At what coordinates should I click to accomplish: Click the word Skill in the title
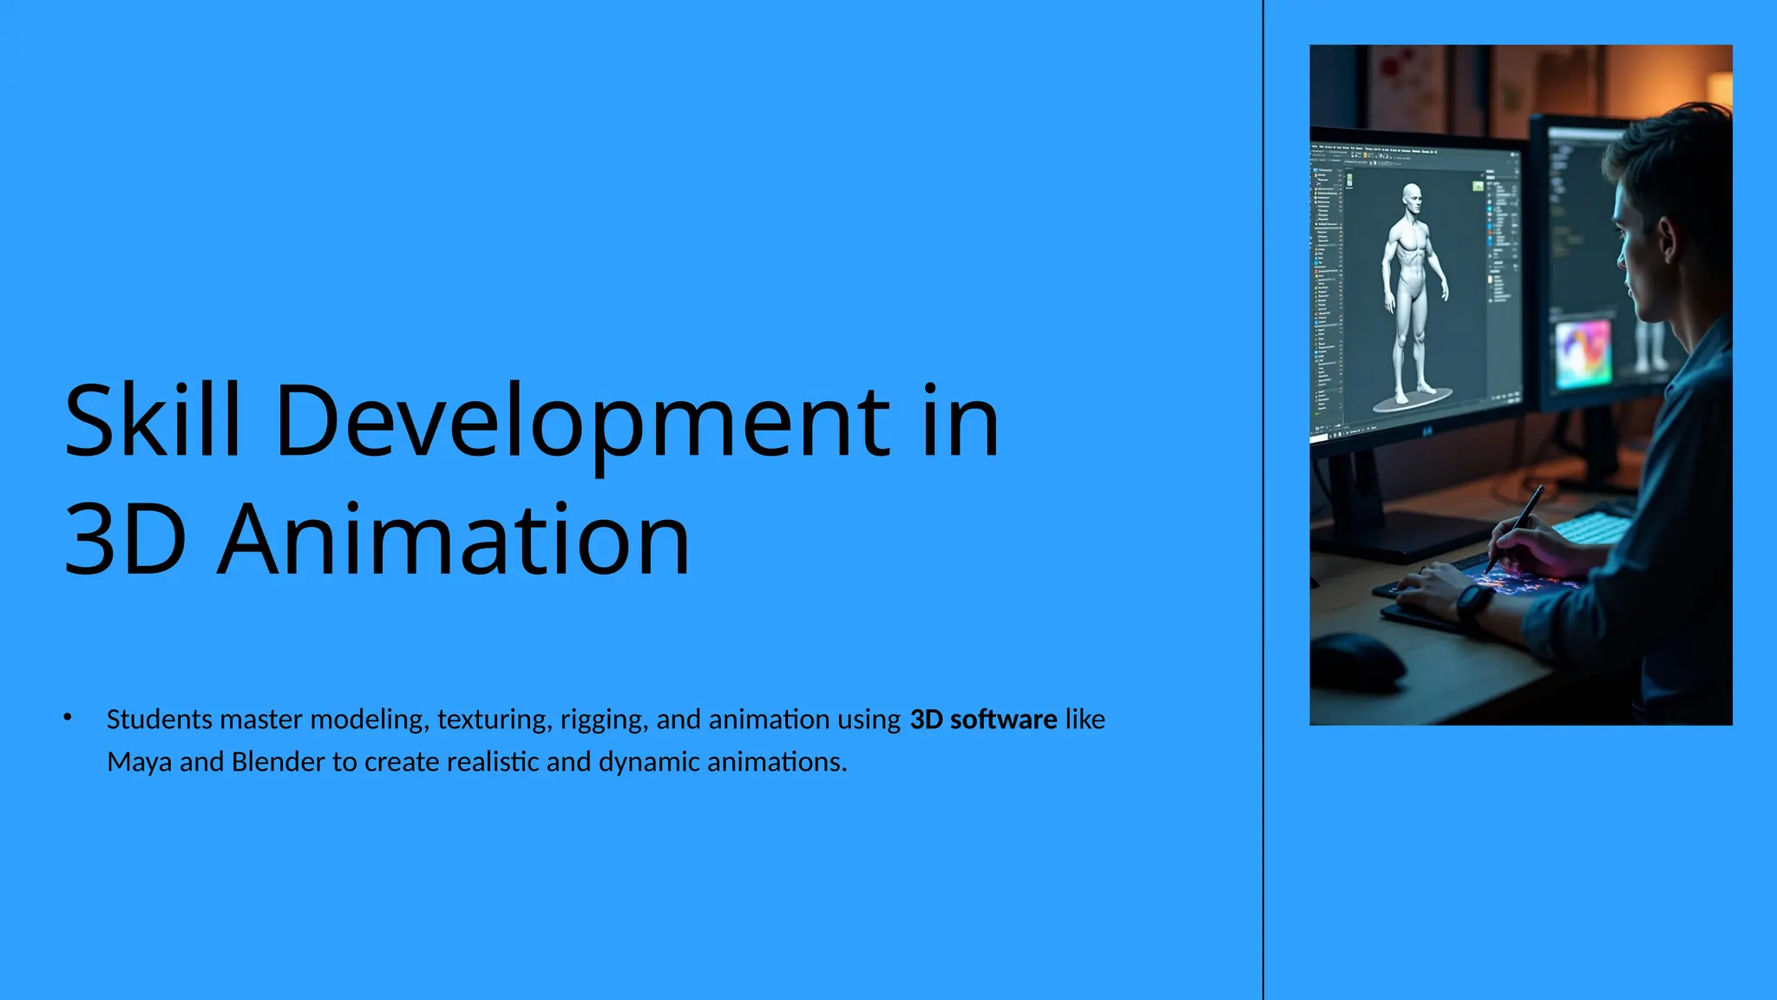152,421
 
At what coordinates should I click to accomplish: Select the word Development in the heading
582,423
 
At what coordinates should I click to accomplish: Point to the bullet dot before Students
68,717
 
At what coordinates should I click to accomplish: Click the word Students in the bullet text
160,720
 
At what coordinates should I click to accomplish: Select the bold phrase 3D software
982,720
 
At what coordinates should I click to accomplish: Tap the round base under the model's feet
1413,398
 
